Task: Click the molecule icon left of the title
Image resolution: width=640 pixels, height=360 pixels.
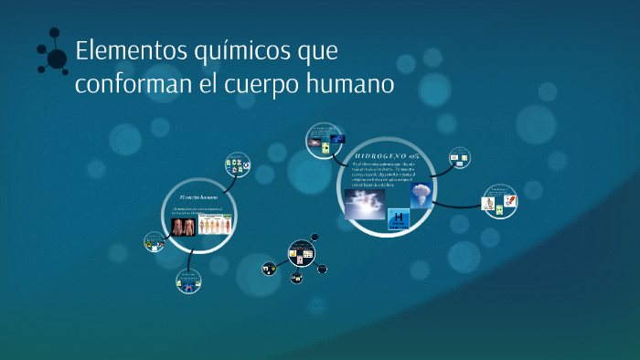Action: [54, 56]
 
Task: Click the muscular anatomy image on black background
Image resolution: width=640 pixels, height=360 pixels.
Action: [183, 226]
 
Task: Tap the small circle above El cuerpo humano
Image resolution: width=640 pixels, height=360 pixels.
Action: [237, 165]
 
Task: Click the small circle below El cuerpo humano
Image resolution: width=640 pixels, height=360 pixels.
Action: [188, 282]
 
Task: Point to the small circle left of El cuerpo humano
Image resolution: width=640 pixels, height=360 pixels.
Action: [153, 242]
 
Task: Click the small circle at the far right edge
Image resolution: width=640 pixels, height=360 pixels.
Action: [499, 202]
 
